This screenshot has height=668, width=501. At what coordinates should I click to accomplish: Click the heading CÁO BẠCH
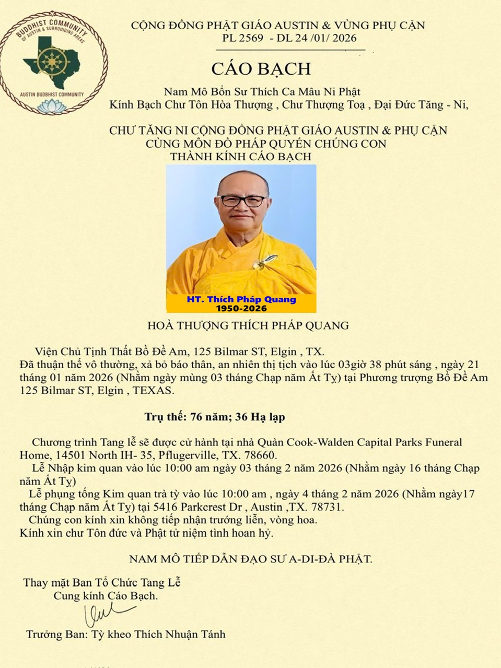coord(261,69)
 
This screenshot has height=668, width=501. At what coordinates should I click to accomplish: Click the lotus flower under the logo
coord(54,107)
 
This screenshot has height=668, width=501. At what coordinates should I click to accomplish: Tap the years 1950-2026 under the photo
coord(241,308)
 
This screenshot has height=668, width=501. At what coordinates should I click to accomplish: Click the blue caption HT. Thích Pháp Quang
coord(241,299)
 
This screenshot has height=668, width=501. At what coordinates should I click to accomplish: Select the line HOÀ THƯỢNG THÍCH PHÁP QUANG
coord(248,325)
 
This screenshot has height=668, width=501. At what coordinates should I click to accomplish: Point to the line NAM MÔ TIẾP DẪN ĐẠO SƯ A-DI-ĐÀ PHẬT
coord(251,559)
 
